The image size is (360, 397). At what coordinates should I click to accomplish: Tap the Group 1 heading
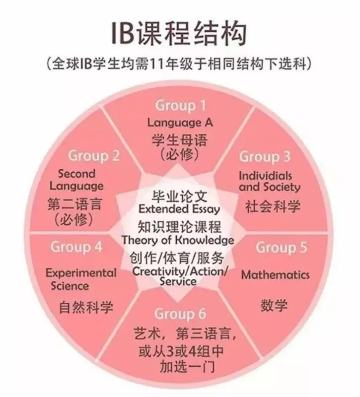(x=180, y=106)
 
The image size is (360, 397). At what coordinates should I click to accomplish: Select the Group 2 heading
(x=93, y=156)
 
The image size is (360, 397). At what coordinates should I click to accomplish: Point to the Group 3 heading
(x=265, y=157)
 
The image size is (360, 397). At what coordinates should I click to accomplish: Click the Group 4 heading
(x=76, y=247)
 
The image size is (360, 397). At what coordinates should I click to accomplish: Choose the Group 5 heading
(x=281, y=247)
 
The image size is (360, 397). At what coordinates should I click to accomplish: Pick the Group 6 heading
(x=180, y=314)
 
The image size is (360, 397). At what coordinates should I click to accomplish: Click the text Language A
(x=180, y=123)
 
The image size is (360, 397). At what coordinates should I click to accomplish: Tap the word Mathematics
(x=276, y=275)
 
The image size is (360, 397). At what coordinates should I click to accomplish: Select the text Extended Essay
(x=179, y=209)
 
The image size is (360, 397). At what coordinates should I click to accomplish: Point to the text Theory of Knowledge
(x=178, y=240)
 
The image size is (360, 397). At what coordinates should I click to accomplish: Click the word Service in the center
(x=178, y=281)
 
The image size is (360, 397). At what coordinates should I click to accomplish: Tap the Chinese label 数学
(x=274, y=305)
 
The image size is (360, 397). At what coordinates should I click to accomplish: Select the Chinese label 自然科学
(x=86, y=307)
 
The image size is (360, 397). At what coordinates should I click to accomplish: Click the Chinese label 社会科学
(x=273, y=206)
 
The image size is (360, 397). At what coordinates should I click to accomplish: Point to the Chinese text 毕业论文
(x=179, y=197)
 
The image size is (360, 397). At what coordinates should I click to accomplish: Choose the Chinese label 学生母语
(x=180, y=140)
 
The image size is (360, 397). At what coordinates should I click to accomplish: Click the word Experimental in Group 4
(x=81, y=273)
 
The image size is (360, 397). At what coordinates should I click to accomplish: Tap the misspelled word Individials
(x=265, y=176)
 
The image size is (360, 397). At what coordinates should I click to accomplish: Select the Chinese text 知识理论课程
(x=179, y=227)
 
